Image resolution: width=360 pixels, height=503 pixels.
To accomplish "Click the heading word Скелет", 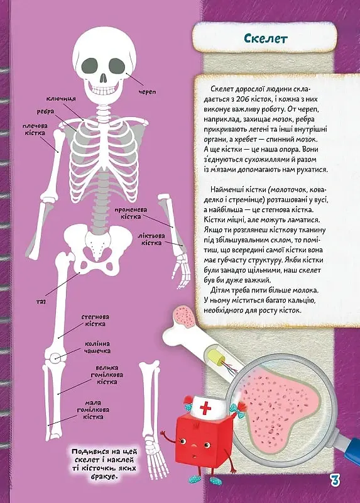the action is (x=265, y=38).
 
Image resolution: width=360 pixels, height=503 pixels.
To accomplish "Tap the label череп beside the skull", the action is (x=147, y=92).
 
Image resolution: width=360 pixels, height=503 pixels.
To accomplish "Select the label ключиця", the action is (x=61, y=99).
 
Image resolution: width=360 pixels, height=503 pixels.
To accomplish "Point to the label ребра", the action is (x=45, y=111).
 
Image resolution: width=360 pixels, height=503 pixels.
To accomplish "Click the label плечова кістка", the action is (x=36, y=130).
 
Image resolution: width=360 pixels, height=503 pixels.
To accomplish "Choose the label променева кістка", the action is (x=131, y=213).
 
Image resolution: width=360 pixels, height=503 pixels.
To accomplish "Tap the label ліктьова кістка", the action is (x=151, y=240).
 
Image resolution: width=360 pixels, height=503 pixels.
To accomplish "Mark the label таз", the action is (x=41, y=302).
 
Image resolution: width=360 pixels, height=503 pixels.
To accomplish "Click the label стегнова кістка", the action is (x=95, y=320).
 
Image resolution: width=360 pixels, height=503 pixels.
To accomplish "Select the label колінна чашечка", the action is (x=97, y=347).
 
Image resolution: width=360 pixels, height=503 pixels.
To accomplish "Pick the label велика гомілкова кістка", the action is (x=107, y=375).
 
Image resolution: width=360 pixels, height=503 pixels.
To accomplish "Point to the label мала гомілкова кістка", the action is (x=93, y=410).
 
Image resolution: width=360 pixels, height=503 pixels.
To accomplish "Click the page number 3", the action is (x=334, y=481).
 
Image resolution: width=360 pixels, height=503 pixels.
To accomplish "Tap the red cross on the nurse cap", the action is (x=205, y=409).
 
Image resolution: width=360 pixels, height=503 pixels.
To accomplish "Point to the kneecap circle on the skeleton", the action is (x=55, y=357).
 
